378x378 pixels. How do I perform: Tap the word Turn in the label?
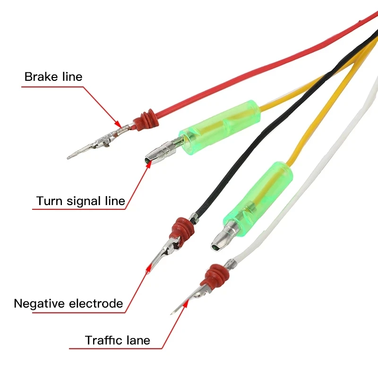pyautogui.click(x=49, y=201)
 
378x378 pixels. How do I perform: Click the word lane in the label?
pyautogui.click(x=138, y=340)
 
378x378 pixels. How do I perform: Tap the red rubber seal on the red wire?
pyautogui.click(x=144, y=120)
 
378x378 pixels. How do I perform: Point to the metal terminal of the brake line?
pyautogui.click(x=97, y=142)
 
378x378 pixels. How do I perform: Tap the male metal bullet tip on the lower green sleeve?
pyautogui.click(x=220, y=240)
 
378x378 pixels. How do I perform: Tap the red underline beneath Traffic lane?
pyautogui.click(x=116, y=349)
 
